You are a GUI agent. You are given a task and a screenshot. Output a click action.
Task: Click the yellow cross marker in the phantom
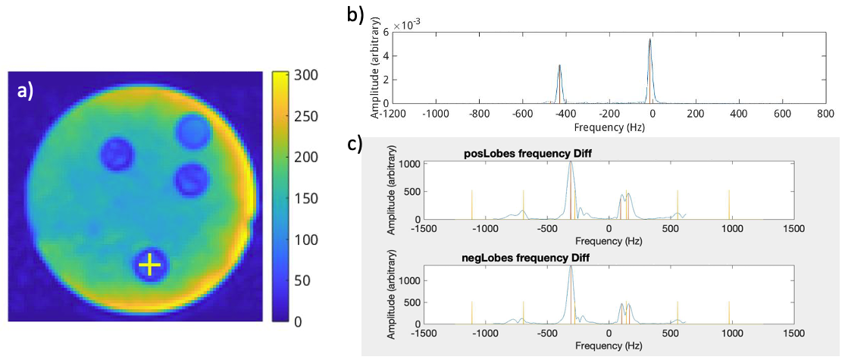(150, 265)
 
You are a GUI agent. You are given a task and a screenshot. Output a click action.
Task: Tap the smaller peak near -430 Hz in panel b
(559, 66)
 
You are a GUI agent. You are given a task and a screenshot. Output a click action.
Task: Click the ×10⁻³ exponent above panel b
(408, 25)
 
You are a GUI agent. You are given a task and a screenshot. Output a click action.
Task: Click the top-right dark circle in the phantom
(193, 132)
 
